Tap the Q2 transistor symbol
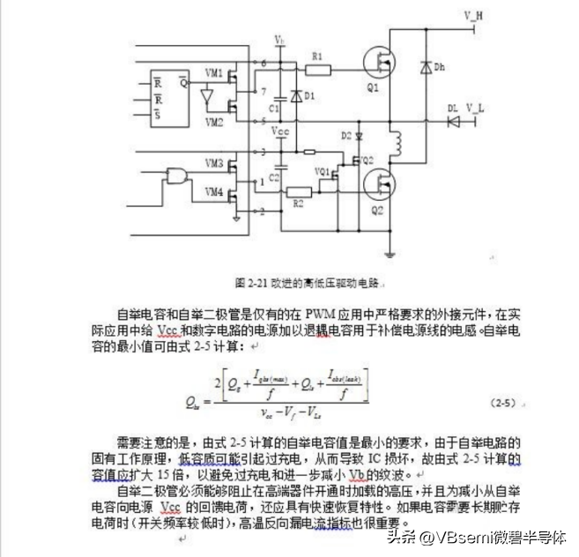pyautogui.click(x=384, y=185)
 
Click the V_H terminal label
pyautogui.click(x=473, y=16)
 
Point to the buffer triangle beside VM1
pyautogui.click(x=207, y=93)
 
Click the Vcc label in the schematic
pyautogui.click(x=280, y=131)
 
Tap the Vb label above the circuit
pyautogui.click(x=279, y=41)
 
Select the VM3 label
pyautogui.click(x=214, y=162)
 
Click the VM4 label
pyautogui.click(x=214, y=191)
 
